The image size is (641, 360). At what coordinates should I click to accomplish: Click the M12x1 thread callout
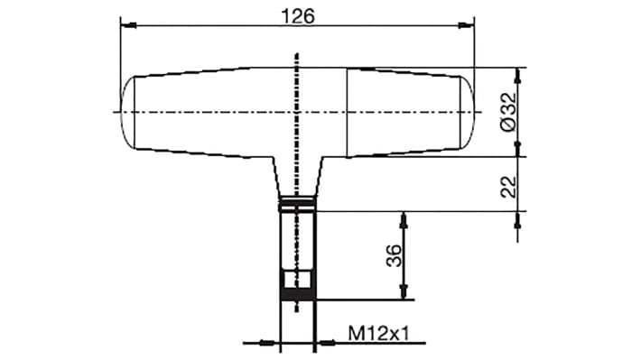pyautogui.click(x=379, y=333)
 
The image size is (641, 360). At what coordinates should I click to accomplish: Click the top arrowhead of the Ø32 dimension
pyautogui.click(x=517, y=73)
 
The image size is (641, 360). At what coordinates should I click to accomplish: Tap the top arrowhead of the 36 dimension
pyautogui.click(x=403, y=218)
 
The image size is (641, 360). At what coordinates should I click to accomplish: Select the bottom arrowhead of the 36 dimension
pyautogui.click(x=403, y=292)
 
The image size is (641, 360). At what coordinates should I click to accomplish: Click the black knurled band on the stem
pyautogui.click(x=297, y=291)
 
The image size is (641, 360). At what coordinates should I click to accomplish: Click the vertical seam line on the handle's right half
pyautogui.click(x=348, y=112)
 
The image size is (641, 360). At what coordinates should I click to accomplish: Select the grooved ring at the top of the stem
pyautogui.click(x=297, y=204)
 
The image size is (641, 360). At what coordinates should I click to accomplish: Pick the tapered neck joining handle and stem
pyautogui.click(x=297, y=176)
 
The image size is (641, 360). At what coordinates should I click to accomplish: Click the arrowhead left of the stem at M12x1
pyautogui.click(x=272, y=342)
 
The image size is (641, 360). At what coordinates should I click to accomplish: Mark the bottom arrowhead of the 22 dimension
pyautogui.click(x=517, y=206)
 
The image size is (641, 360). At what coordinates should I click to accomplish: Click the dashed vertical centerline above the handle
pyautogui.click(x=297, y=61)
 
